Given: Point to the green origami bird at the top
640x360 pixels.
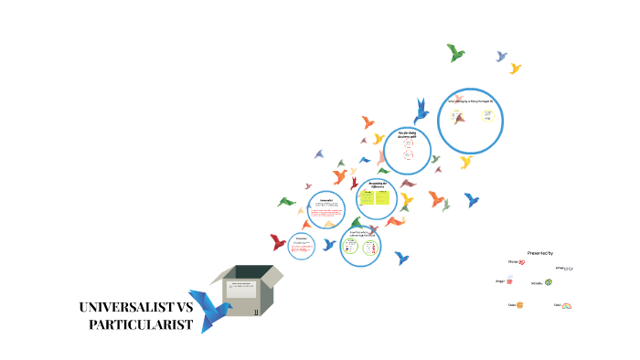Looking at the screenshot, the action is tap(455, 52).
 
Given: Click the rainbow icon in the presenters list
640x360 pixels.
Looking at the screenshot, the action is tap(566, 305).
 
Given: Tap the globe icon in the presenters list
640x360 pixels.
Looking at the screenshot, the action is tap(549, 282).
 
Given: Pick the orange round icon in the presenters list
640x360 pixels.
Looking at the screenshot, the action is tap(520, 304).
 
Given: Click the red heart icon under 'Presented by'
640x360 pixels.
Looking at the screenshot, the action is tap(521, 262).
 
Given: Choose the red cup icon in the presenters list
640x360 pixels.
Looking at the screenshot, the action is tap(509, 281).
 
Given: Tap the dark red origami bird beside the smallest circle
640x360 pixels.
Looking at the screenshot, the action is tap(278, 242).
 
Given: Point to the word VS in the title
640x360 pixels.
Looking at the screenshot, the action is tap(185, 307).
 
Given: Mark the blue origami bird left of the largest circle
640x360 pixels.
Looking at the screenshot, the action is tap(421, 111).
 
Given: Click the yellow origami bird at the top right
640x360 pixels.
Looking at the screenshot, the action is tap(516, 69).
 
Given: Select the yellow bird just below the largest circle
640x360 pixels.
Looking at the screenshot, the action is tap(466, 162).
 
